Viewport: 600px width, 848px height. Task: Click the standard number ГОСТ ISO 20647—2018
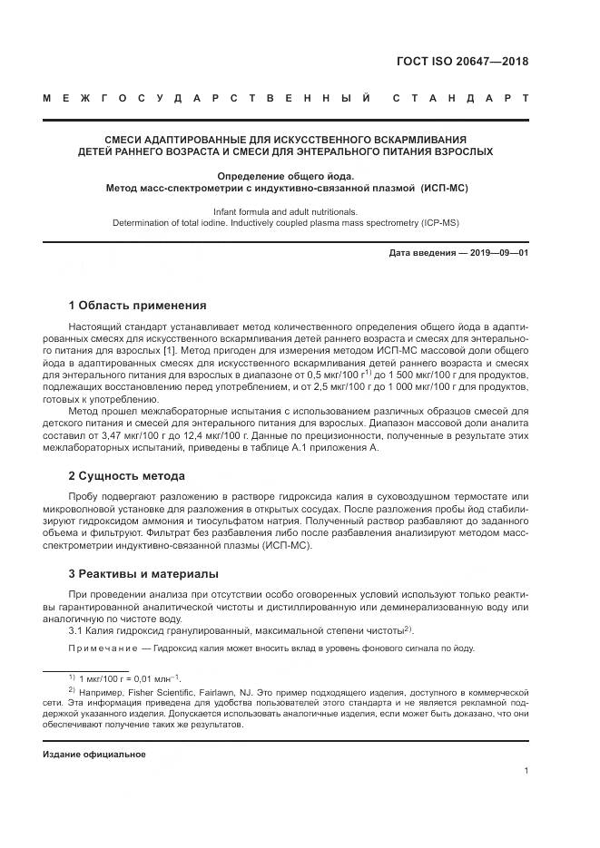(x=462, y=62)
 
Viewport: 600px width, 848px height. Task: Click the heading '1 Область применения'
(x=137, y=305)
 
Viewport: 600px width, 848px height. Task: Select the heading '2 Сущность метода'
(x=126, y=475)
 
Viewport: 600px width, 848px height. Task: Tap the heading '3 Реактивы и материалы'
(x=143, y=573)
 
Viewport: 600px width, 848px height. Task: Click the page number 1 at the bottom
(x=526, y=771)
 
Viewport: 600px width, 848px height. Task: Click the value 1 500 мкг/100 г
(x=400, y=375)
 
